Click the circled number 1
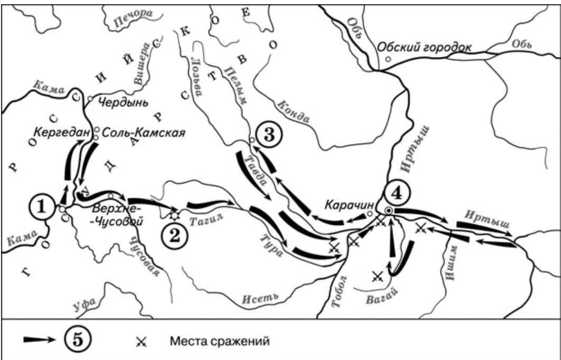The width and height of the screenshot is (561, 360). point(44,206)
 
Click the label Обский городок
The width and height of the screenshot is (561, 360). point(424,48)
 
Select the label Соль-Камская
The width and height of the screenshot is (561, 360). point(143,133)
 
